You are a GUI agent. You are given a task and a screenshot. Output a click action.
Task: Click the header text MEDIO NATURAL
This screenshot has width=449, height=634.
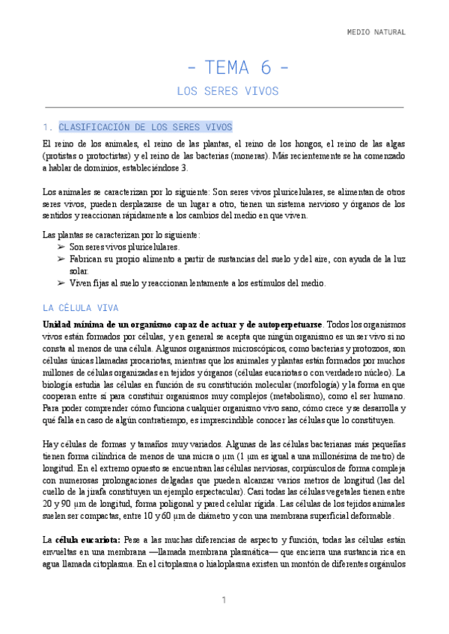[x=376, y=32]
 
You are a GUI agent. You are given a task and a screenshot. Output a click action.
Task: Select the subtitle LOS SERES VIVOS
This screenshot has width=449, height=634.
[x=227, y=91]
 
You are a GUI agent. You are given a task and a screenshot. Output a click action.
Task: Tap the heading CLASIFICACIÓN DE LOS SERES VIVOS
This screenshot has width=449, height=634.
[x=145, y=127]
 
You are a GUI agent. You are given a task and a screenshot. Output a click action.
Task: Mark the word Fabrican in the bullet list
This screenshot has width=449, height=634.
[x=87, y=259]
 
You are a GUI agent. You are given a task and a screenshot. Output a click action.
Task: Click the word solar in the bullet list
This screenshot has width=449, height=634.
[x=79, y=271]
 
